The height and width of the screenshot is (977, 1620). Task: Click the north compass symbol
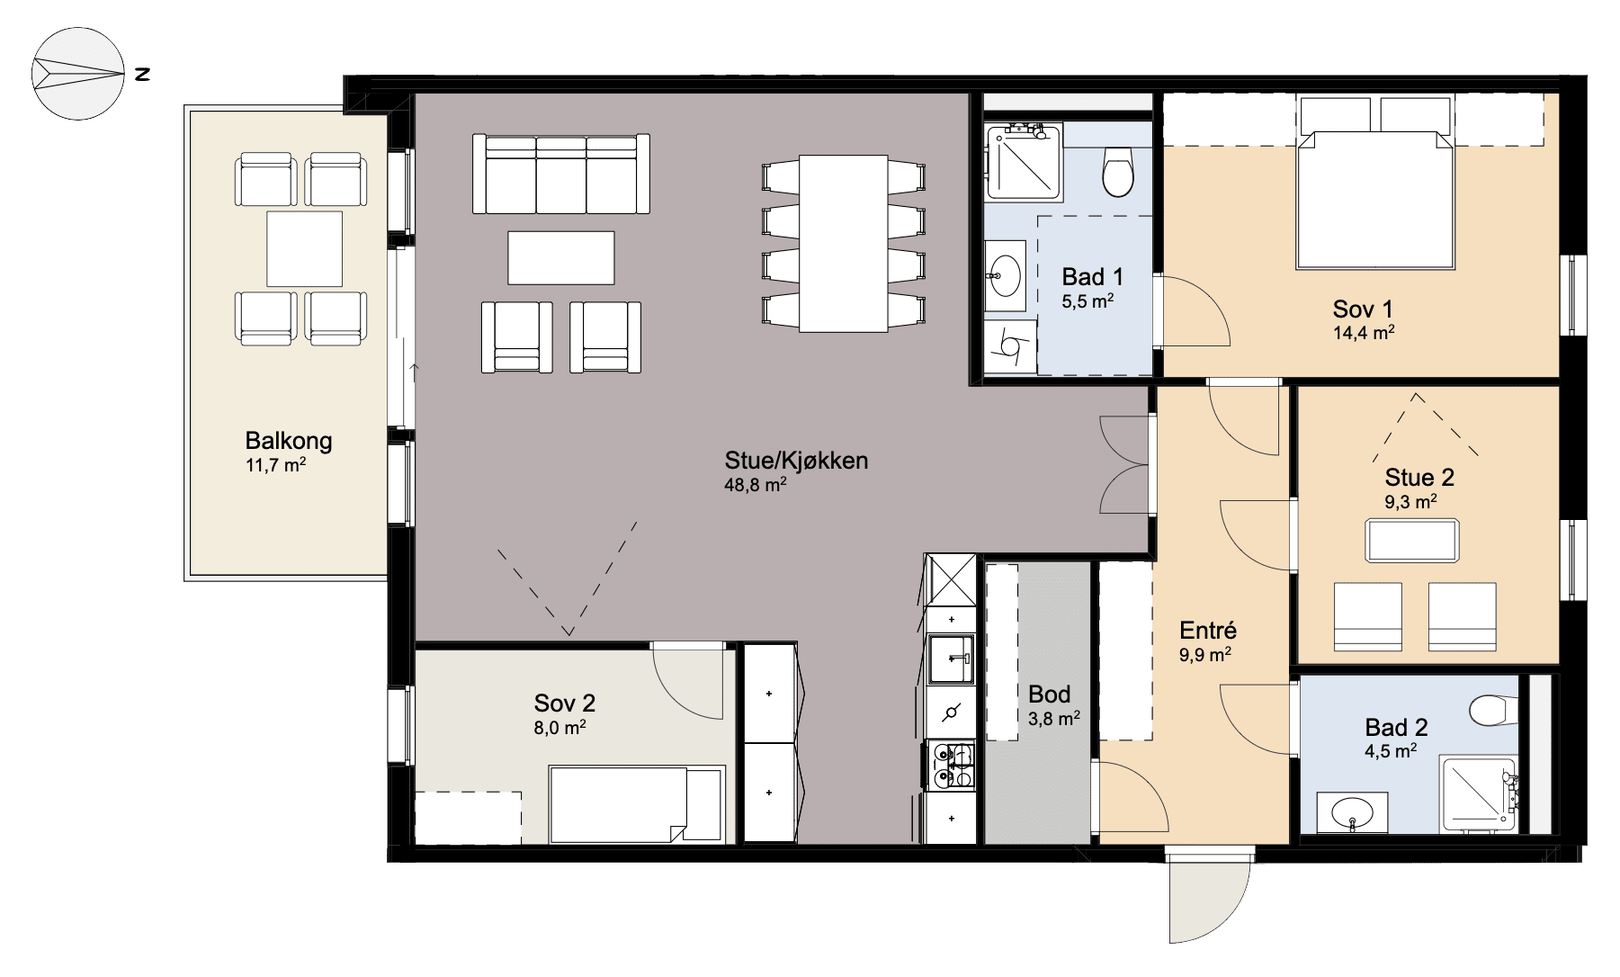click(x=77, y=74)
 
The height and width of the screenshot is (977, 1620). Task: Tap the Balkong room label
click(x=289, y=441)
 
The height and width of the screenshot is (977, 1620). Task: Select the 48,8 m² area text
click(x=756, y=485)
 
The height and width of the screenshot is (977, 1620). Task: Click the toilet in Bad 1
click(x=1118, y=171)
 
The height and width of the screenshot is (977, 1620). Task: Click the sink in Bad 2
click(x=1352, y=812)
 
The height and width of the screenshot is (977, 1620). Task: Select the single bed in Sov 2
click(x=637, y=804)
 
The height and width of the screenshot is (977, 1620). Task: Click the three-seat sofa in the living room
click(x=561, y=174)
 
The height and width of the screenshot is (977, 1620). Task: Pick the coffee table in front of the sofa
click(x=561, y=258)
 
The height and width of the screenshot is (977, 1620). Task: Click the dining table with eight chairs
click(x=844, y=243)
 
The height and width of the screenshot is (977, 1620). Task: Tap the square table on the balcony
click(x=304, y=249)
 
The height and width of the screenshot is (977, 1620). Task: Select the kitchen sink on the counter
click(x=951, y=659)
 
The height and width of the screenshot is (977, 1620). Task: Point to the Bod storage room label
click(x=1050, y=695)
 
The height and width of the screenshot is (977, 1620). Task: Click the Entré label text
click(x=1208, y=631)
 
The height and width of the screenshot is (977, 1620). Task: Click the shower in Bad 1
click(x=1024, y=162)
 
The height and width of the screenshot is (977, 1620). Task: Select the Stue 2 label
click(x=1419, y=478)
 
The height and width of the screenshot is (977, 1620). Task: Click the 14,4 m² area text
click(x=1364, y=333)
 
